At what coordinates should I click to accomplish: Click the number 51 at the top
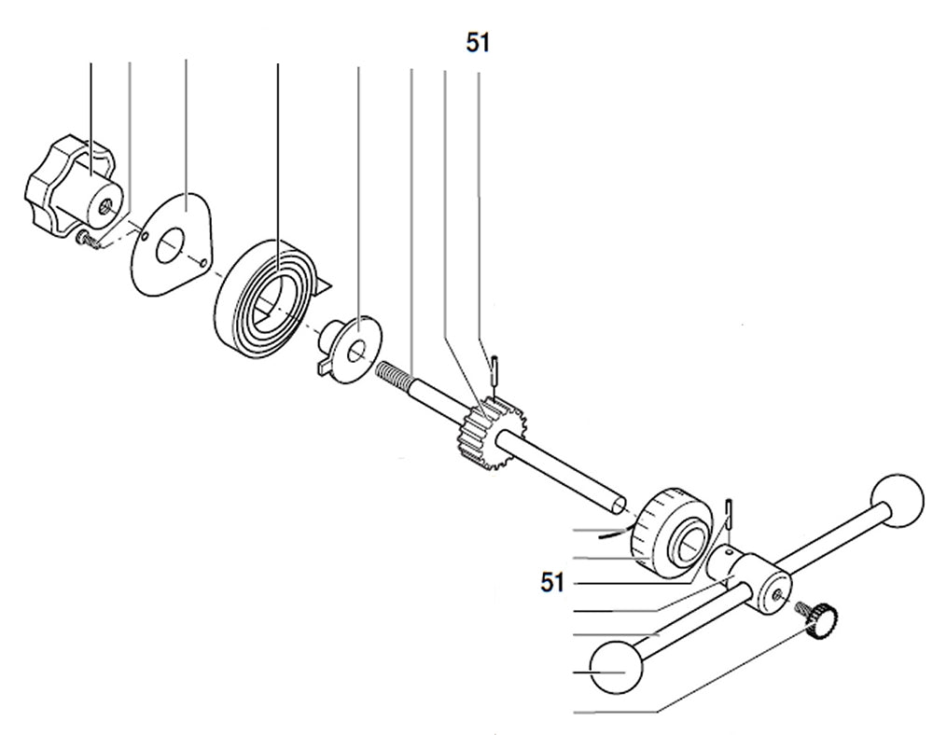pos(478,43)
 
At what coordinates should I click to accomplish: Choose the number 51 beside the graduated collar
pos(552,583)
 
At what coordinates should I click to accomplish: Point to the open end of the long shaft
pos(620,506)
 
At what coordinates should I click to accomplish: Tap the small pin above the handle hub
pos(731,512)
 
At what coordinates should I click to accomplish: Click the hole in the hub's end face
pos(777,589)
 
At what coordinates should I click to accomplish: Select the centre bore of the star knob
pos(110,202)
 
